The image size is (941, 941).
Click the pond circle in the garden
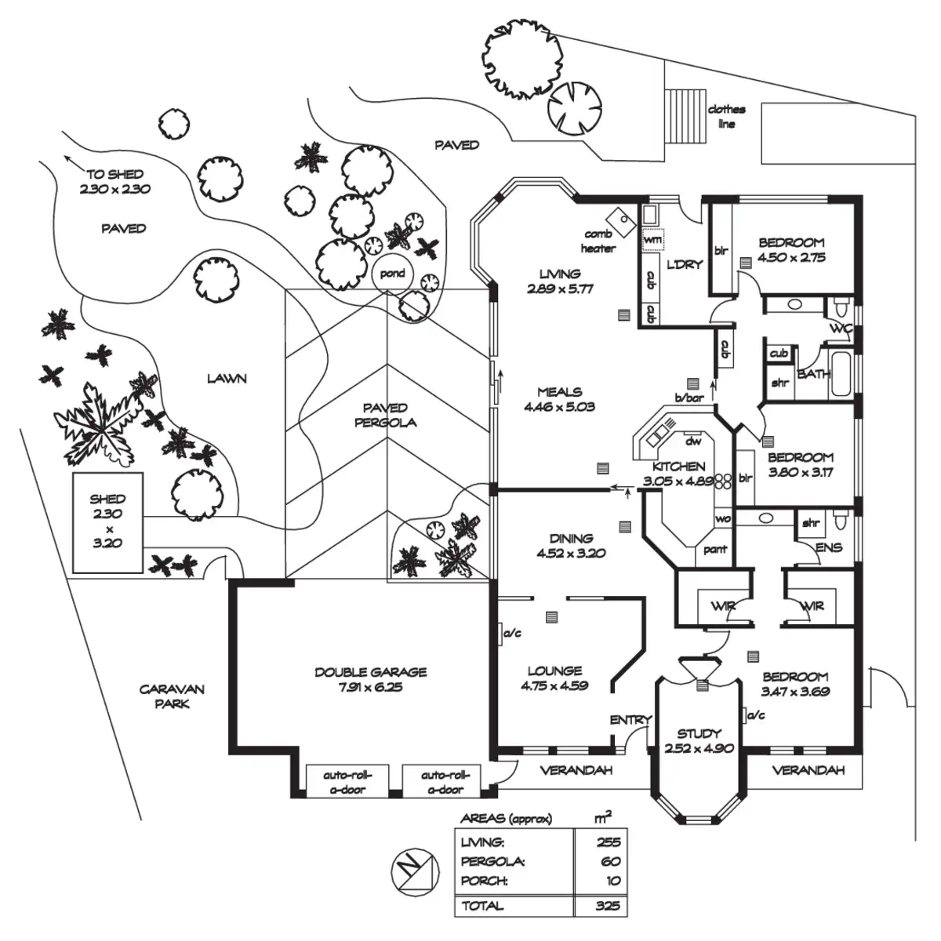392,274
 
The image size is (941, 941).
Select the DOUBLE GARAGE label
370,672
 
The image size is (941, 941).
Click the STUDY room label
699,734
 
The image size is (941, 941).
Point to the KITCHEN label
679,467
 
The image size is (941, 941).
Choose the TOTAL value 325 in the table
607,906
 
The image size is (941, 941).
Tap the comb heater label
598,242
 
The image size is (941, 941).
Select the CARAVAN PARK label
172,696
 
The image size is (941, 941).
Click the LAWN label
227,379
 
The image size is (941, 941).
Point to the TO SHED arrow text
115,175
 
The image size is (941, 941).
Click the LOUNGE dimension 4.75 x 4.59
554,686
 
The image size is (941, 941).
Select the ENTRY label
631,721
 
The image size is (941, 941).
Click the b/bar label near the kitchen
690,398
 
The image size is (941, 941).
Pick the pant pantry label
715,550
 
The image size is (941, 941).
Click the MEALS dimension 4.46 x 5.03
560,407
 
